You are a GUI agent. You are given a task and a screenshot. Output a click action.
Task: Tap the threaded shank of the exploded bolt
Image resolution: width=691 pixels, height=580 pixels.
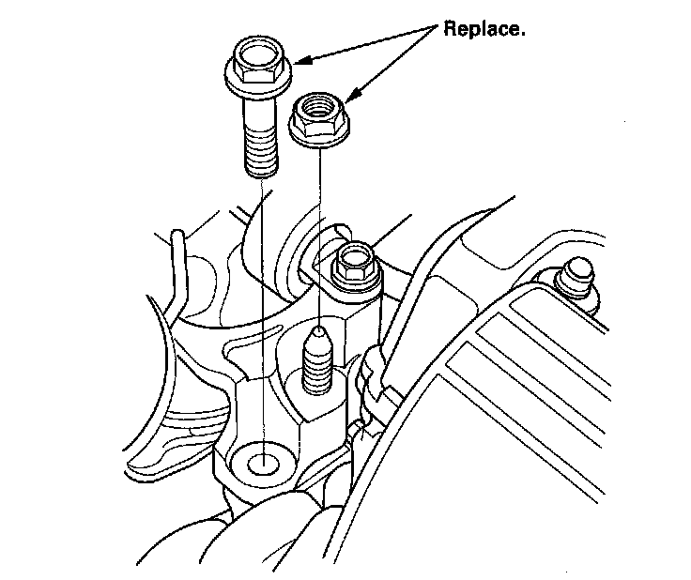click(x=261, y=141)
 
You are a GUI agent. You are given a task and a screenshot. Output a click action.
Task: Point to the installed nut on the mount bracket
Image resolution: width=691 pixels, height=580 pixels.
click(x=354, y=265)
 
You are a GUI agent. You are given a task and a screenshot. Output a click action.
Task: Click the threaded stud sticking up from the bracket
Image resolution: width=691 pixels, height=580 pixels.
click(x=320, y=361)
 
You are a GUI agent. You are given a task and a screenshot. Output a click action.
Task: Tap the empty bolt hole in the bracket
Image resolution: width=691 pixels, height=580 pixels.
click(x=265, y=461)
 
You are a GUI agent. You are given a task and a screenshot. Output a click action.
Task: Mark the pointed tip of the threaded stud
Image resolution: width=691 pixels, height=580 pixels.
click(x=320, y=329)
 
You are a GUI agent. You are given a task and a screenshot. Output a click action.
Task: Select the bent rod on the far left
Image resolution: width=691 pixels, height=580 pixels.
click(x=176, y=272)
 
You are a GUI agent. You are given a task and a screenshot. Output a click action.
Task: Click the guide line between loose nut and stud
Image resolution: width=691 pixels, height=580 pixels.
click(x=320, y=225)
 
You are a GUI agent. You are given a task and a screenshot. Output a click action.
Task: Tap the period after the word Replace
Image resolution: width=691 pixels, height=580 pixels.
click(x=522, y=34)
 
